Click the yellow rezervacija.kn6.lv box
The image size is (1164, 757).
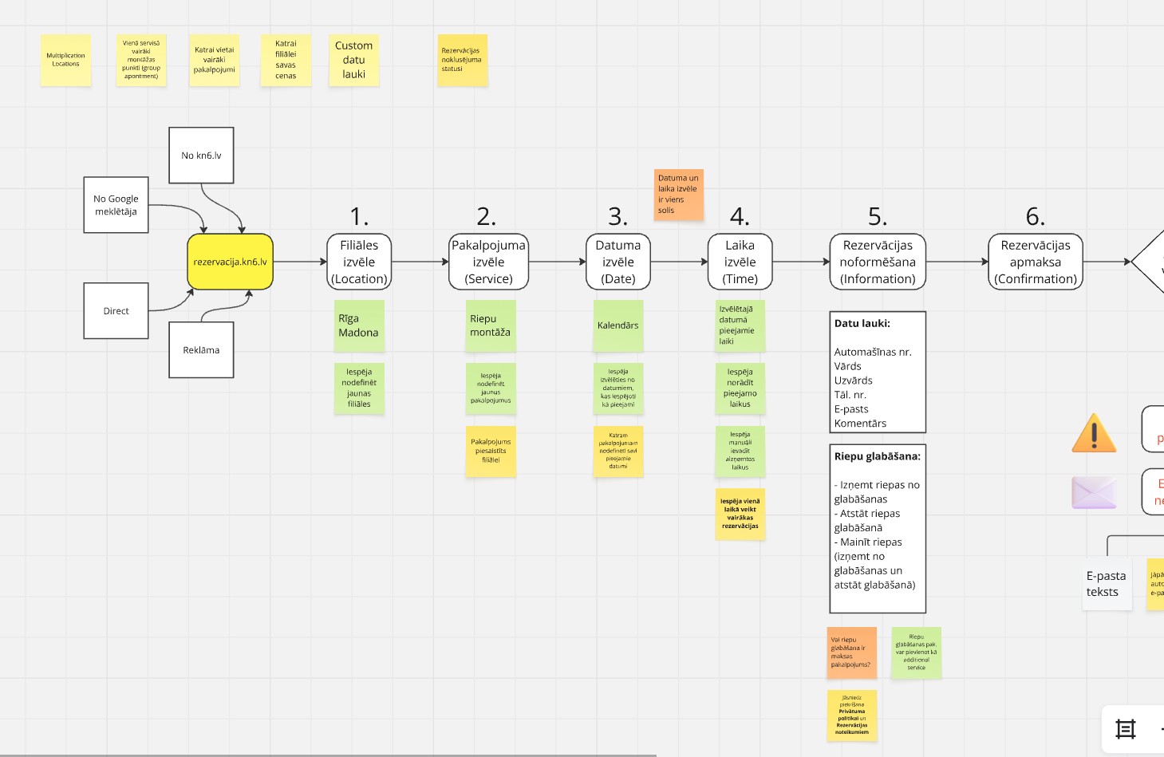click(x=230, y=262)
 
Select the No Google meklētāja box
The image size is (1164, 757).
click(x=116, y=205)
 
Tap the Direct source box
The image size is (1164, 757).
click(x=116, y=311)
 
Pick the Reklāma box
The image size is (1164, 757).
click(x=201, y=350)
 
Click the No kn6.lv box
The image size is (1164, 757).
click(x=201, y=156)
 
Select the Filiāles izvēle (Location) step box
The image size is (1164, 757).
click(x=359, y=262)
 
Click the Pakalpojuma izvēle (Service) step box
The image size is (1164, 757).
click(x=488, y=262)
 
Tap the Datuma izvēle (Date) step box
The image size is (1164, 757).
click(x=618, y=262)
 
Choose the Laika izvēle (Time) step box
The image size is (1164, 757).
click(x=740, y=262)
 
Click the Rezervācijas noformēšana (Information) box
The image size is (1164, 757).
click(x=878, y=262)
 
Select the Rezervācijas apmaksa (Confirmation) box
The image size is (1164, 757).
click(x=1036, y=262)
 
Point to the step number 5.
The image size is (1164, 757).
click(x=878, y=216)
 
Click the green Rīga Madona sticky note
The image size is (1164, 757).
click(x=359, y=325)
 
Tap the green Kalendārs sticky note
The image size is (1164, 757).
click(x=618, y=325)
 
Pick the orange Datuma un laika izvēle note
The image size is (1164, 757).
click(x=679, y=194)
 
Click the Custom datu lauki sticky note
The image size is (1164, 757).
click(x=354, y=60)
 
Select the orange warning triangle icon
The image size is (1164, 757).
click(x=1094, y=433)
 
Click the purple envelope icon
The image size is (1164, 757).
click(x=1094, y=492)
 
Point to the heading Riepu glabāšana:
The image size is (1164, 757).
click(x=878, y=457)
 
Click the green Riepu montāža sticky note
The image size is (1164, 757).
click(x=491, y=325)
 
